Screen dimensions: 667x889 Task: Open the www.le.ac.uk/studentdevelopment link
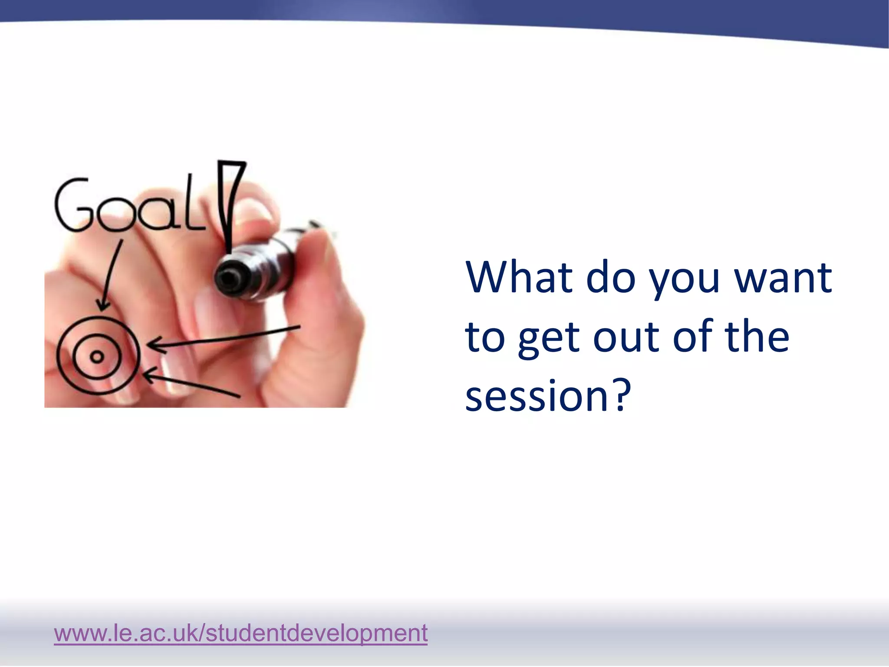(241, 633)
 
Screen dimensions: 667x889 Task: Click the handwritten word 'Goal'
(130, 204)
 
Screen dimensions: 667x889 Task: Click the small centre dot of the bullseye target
(97, 357)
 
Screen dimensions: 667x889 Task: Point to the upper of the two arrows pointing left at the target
(224, 337)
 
